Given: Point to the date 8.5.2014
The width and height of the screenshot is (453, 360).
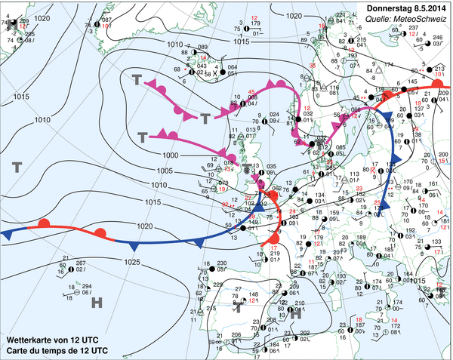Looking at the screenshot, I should tap(427, 8).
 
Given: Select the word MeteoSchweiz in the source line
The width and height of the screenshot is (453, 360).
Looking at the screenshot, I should tap(419, 21).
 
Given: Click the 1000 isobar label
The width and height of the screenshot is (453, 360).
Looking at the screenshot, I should tap(171, 154).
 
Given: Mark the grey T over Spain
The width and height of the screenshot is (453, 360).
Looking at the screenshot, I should tap(239, 308).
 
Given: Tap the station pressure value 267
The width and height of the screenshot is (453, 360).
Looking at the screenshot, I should tap(81, 262).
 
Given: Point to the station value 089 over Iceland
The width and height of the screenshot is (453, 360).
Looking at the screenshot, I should tap(202, 47).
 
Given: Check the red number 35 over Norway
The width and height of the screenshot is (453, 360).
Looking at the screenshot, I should tap(313, 67).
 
